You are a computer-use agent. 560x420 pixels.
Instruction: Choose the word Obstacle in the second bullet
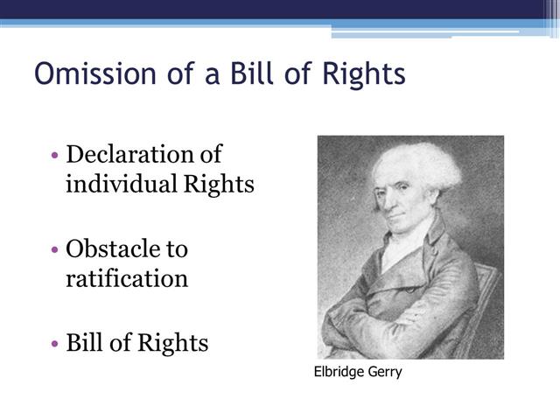coord(115,249)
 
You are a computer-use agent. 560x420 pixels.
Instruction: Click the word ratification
coord(127,279)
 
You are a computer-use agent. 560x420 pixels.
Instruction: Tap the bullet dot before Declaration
coord(55,156)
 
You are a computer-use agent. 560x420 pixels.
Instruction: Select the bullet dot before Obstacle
coord(55,250)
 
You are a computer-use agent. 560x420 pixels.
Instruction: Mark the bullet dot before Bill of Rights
coord(55,344)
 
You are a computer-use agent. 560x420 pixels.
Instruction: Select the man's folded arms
coord(394,324)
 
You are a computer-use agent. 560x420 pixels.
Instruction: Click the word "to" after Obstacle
coord(177,249)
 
